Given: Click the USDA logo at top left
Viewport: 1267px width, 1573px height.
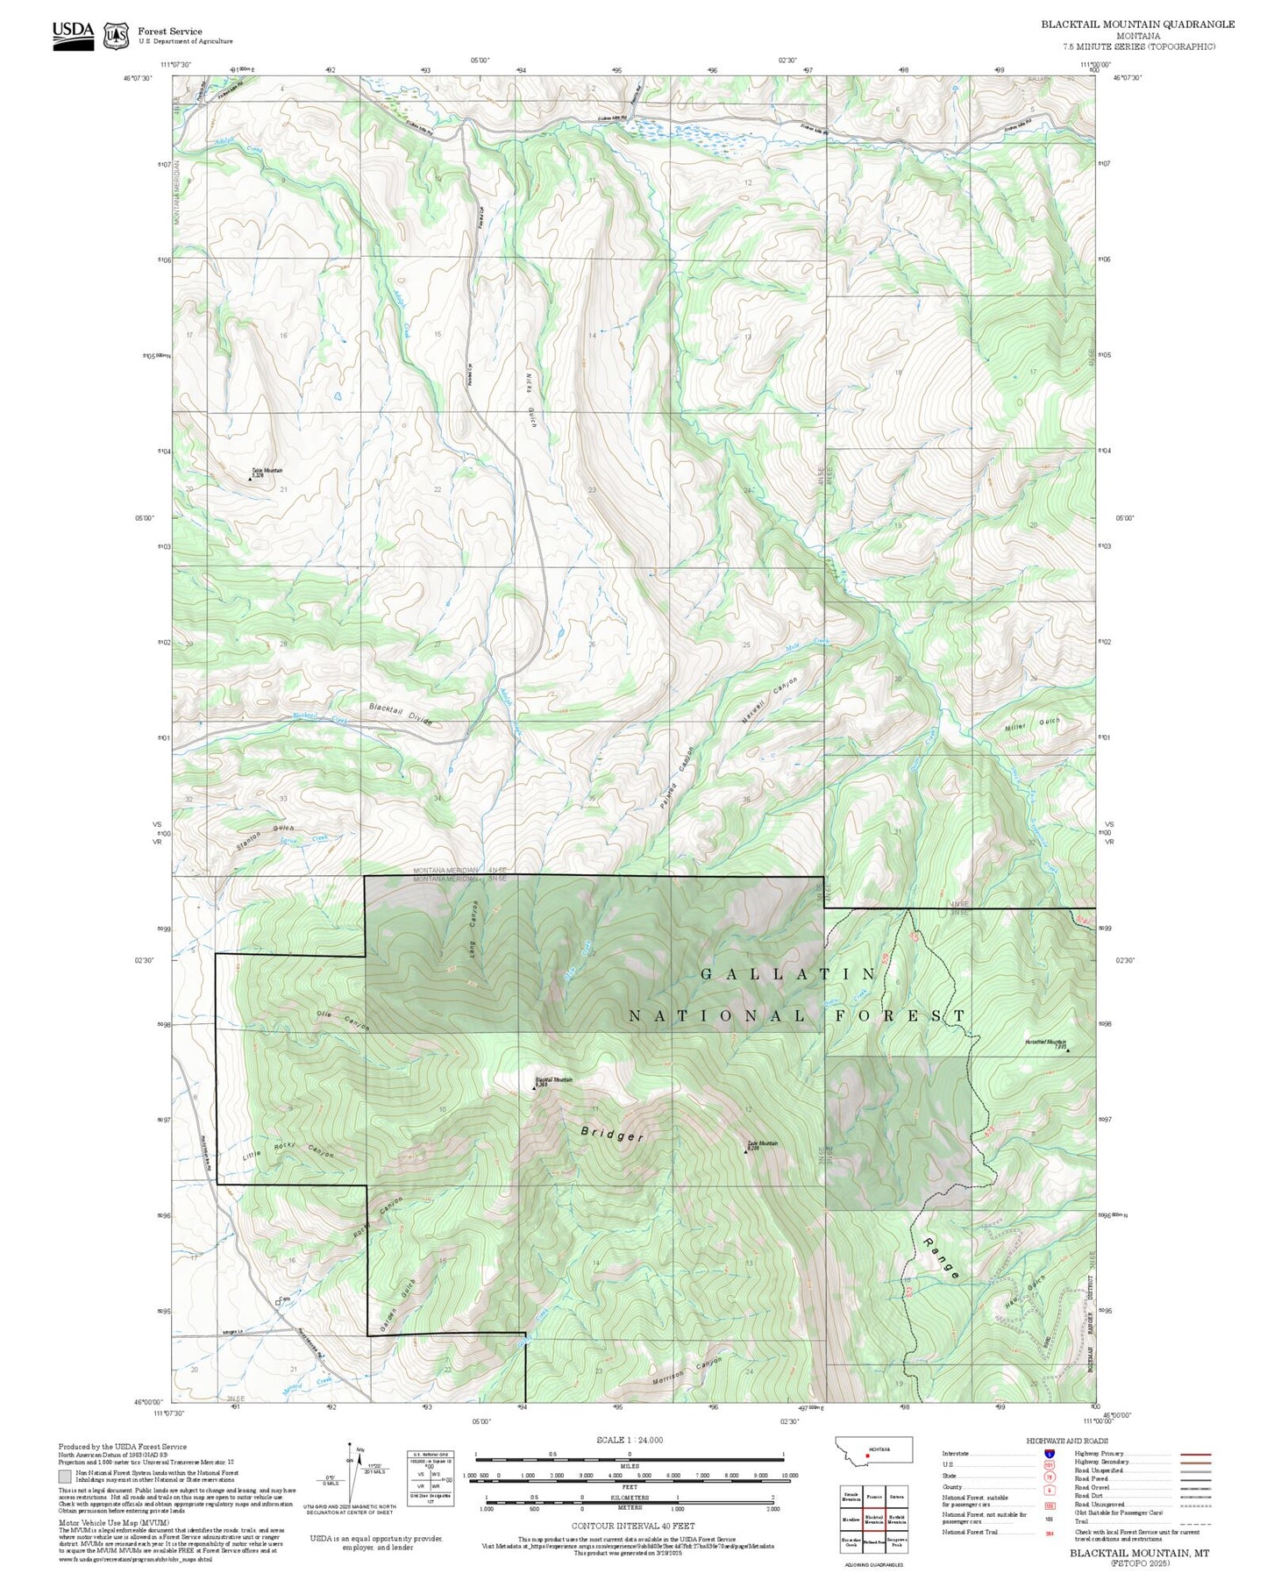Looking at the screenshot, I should tap(73, 34).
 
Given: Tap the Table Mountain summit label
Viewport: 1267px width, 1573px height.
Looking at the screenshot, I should tap(267, 471).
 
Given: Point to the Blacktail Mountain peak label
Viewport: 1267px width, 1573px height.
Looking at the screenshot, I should tap(553, 1081).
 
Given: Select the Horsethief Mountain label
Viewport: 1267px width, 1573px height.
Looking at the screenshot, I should tap(1045, 1043).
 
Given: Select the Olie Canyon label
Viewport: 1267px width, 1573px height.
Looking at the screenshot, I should tap(343, 1021).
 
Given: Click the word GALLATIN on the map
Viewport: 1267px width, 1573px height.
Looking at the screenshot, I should tap(788, 974).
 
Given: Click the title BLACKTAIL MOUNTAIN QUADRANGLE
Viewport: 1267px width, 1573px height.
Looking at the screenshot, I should tap(1137, 25).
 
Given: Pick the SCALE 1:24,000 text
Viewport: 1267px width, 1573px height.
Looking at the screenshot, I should tap(629, 1440).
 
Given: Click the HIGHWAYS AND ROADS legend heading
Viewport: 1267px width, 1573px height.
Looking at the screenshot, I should tap(1067, 1441).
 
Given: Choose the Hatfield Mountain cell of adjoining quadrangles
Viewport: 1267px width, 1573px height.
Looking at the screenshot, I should tap(895, 1520).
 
